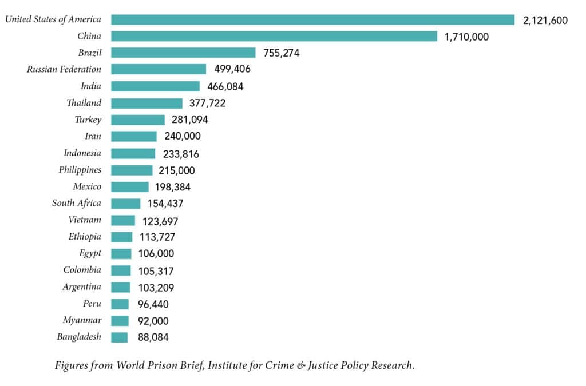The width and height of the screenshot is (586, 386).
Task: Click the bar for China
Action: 274,37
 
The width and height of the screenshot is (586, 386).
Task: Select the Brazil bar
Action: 183,53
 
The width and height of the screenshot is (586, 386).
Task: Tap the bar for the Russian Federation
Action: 159,69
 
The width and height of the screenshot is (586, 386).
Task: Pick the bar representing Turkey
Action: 138,120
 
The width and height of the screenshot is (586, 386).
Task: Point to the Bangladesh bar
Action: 119,337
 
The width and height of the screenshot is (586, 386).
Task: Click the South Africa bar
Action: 125,204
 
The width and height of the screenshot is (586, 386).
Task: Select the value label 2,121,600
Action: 545,21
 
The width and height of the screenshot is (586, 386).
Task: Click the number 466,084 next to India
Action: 226,86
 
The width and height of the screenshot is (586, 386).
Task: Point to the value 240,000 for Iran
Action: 181,137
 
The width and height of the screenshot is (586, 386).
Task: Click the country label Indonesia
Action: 82,153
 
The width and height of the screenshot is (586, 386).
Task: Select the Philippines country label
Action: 80,170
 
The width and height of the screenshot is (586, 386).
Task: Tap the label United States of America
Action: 53,19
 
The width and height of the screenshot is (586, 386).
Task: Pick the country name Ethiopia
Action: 84,237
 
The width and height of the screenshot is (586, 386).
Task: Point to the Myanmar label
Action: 81,320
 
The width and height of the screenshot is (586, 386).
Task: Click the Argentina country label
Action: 82,287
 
